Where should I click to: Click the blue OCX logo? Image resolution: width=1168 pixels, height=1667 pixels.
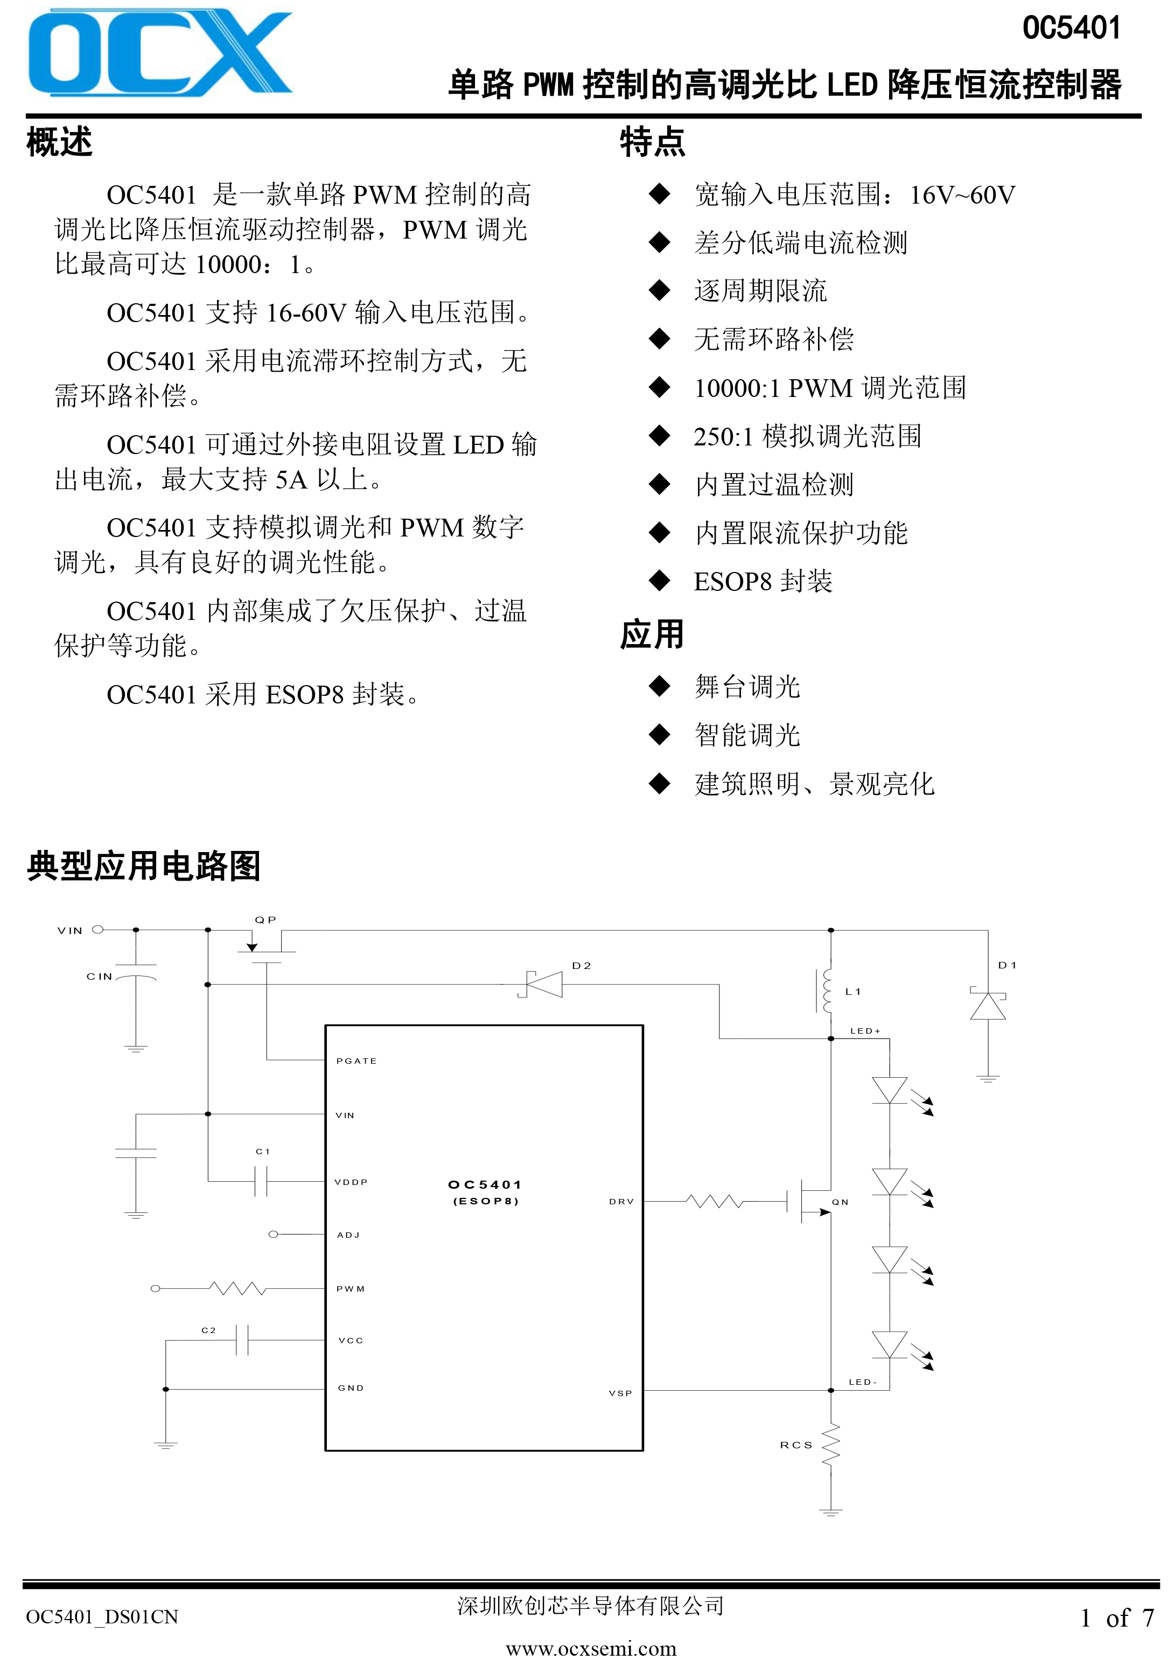160,53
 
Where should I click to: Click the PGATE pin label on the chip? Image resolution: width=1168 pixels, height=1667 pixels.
356,1061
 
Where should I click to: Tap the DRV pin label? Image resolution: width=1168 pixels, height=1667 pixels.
621,1202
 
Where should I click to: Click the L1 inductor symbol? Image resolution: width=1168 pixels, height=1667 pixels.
826,991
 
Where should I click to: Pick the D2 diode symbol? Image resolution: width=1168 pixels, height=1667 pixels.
542,985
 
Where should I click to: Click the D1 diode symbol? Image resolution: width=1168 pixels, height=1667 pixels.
988,1003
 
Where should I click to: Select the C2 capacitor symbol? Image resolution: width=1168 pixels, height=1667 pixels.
242,1340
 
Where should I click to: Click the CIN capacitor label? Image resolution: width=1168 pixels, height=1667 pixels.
100,977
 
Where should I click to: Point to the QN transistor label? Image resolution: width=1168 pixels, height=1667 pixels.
840,1202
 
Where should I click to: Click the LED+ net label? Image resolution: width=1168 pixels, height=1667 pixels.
865,1031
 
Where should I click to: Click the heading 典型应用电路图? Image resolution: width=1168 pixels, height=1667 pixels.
144,866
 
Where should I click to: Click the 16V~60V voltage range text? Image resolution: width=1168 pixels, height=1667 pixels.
963,194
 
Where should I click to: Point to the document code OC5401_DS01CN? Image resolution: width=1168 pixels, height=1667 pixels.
102,1617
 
